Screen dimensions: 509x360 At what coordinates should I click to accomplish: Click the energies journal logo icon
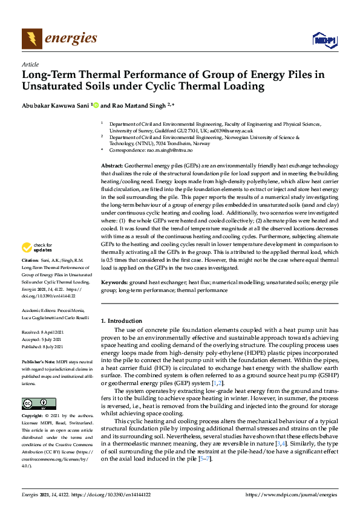click(x=32, y=39)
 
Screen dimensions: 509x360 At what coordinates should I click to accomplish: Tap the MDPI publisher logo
click(x=324, y=40)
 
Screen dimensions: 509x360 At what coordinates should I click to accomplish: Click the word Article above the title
click(x=30, y=64)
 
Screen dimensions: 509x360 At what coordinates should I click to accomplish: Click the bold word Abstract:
click(x=112, y=165)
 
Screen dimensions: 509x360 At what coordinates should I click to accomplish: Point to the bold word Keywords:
click(x=114, y=282)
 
